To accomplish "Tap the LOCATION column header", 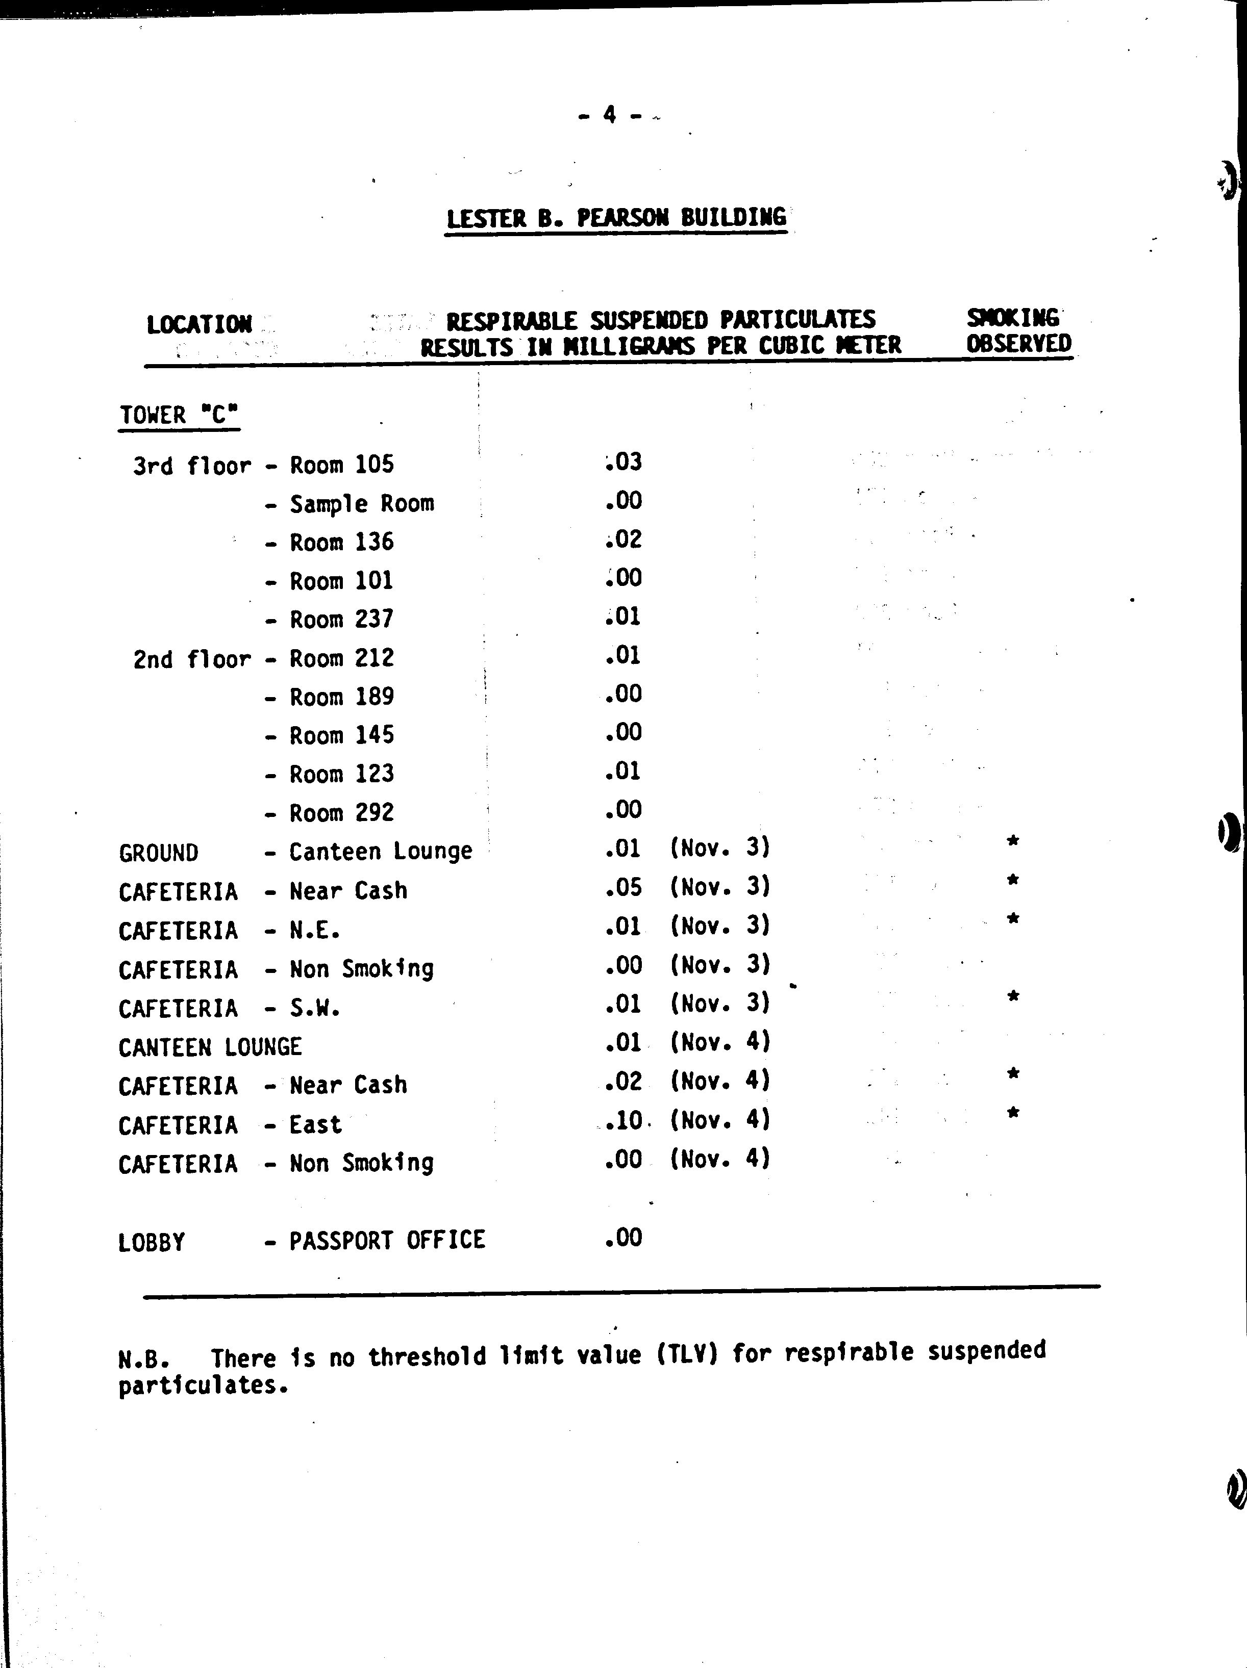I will [x=198, y=325].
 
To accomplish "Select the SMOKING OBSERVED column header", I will [x=1018, y=330].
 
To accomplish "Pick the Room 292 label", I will [x=341, y=813].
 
